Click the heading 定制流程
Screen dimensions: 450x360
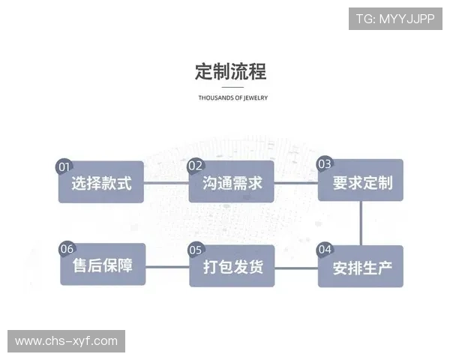pyautogui.click(x=229, y=71)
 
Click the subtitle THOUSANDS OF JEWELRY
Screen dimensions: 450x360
pyautogui.click(x=232, y=97)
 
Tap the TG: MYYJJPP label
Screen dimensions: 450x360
pyautogui.click(x=394, y=18)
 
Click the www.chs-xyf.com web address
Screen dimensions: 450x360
pyautogui.click(x=66, y=341)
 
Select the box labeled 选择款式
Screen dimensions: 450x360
pyautogui.click(x=101, y=182)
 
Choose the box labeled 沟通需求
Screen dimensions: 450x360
pyautogui.click(x=232, y=182)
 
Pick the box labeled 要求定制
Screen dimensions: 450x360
pyautogui.click(x=361, y=182)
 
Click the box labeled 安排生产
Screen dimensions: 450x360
pyautogui.click(x=361, y=267)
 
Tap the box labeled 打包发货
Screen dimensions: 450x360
pyautogui.click(x=232, y=267)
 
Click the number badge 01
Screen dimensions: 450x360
pyautogui.click(x=65, y=166)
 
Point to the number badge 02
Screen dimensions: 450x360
pyautogui.click(x=195, y=166)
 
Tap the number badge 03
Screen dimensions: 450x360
pyautogui.click(x=325, y=163)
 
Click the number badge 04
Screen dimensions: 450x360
pyautogui.click(x=325, y=249)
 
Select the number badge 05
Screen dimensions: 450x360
pyautogui.click(x=196, y=250)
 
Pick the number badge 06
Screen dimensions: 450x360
pyautogui.click(x=67, y=249)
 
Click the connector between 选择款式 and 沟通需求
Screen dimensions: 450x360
pyautogui.click(x=166, y=182)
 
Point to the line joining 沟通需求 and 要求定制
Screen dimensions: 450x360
pyautogui.click(x=296, y=182)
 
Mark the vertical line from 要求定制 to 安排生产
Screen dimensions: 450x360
pyautogui.click(x=361, y=223)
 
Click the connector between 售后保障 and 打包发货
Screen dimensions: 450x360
pyautogui.click(x=166, y=266)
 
